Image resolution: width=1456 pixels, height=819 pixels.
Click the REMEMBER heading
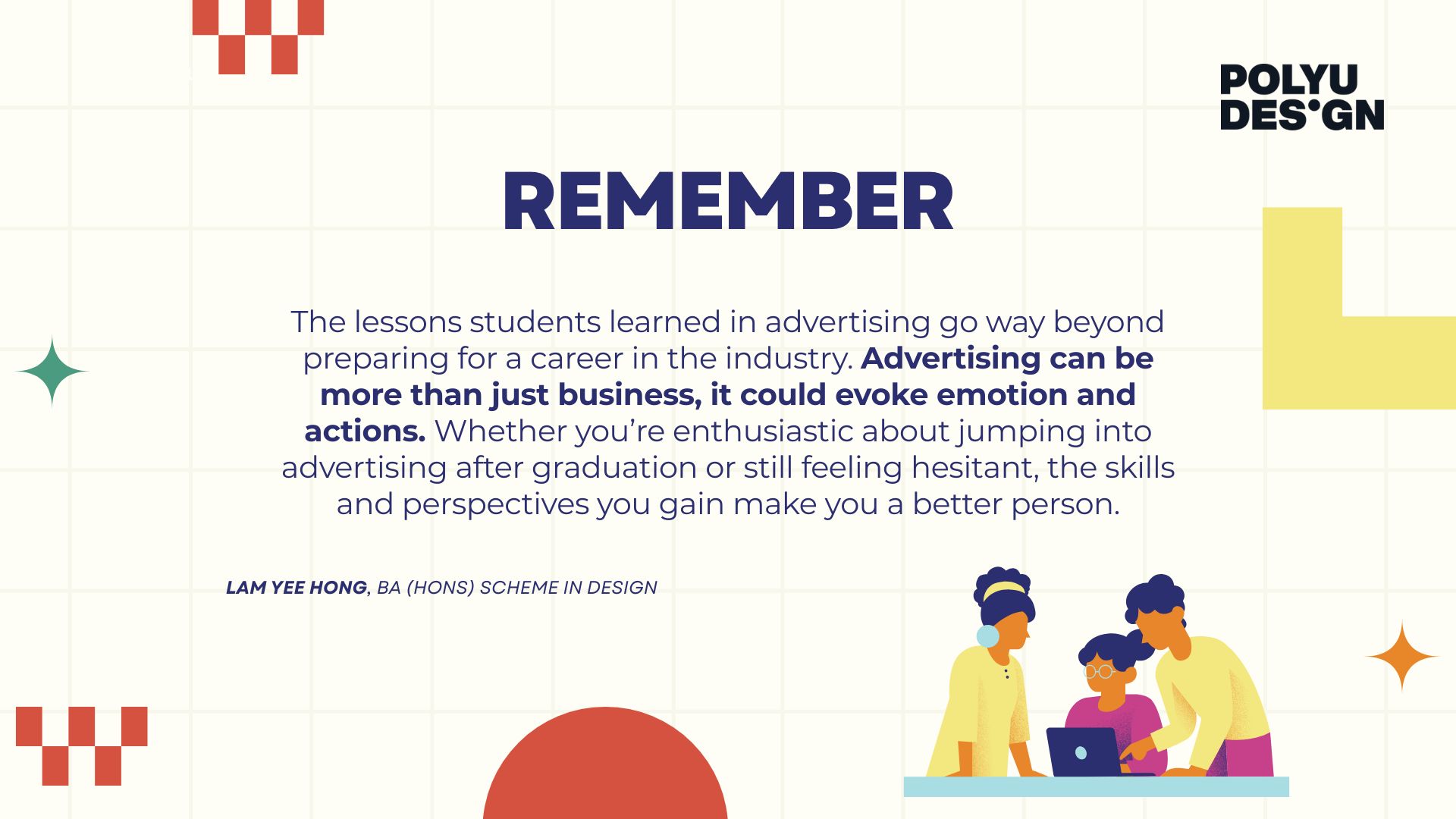(728, 201)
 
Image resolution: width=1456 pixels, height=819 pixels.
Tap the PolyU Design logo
(1302, 97)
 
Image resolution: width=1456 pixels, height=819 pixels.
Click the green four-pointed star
(52, 372)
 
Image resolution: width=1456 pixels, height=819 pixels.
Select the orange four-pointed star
(1402, 657)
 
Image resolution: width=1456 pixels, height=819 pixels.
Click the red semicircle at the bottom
(605, 766)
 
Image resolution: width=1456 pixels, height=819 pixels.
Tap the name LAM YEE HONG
(297, 588)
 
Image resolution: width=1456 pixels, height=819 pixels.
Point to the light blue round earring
(987, 636)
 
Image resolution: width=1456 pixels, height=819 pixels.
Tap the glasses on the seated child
(1098, 671)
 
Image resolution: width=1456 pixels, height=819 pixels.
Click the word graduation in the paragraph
(614, 468)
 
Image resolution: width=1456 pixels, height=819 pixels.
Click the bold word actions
(365, 431)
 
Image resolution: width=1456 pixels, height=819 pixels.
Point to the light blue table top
(1096, 786)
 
